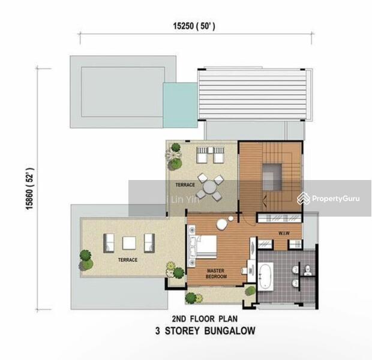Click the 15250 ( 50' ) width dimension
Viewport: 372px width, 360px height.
coord(194,26)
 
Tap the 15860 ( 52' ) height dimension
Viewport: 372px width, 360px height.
coord(30,189)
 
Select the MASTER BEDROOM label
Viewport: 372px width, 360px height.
coord(216,274)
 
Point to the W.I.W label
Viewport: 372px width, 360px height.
coord(284,233)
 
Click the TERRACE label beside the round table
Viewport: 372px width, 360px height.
coord(185,185)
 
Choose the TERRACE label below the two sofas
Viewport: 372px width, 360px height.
coord(128,260)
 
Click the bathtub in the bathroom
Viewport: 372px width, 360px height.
coord(266,276)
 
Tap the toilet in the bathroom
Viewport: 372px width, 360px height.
coord(308,271)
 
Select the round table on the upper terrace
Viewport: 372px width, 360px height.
coord(210,187)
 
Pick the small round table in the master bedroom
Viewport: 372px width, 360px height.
coord(223,224)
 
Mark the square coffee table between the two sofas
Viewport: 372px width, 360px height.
coord(129,243)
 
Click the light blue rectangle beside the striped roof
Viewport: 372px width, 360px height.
coord(181,105)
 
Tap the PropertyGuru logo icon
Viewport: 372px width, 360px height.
coord(304,199)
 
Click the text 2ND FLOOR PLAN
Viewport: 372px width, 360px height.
coord(205,319)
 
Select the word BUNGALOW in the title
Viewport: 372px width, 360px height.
coord(230,331)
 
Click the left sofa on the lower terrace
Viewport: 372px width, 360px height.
coord(109,243)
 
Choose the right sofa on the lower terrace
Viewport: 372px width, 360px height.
coord(149,243)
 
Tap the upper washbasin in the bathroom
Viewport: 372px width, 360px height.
coord(295,269)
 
